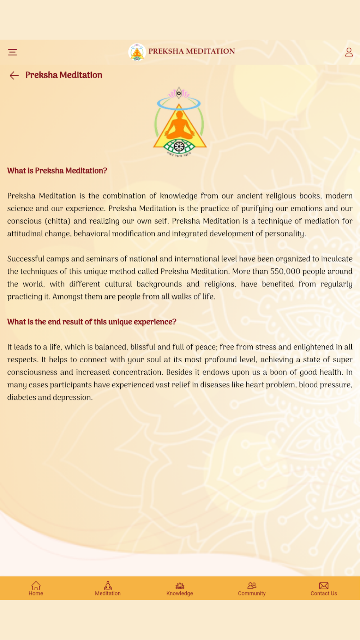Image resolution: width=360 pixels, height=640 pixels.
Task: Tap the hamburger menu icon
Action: [x=13, y=52]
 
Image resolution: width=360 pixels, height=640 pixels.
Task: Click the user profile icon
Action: [x=349, y=52]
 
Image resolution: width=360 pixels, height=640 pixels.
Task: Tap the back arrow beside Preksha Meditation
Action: [x=14, y=75]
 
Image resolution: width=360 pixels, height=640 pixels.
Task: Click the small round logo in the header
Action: [x=137, y=53]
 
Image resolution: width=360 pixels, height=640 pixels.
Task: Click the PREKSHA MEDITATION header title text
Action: [x=192, y=52]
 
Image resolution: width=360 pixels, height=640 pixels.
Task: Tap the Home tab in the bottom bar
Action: [x=36, y=588]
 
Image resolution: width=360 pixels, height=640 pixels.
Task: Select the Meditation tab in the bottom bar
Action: [x=108, y=588]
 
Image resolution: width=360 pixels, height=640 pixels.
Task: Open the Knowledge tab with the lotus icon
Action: [x=180, y=588]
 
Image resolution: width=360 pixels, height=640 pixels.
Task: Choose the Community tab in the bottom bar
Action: [x=252, y=588]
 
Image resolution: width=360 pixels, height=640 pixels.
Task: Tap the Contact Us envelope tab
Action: [x=324, y=588]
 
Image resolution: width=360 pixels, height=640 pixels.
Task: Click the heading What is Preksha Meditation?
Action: [x=57, y=171]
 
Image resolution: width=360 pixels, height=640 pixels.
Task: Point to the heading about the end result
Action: [x=92, y=322]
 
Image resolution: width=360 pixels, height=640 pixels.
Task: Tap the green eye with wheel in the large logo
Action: [x=179, y=146]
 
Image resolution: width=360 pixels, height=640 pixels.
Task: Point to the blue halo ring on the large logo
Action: [x=179, y=104]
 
